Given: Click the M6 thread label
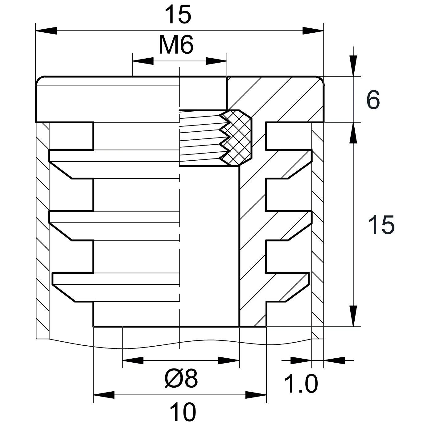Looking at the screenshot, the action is [176, 45].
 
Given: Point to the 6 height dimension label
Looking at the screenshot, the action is [373, 100].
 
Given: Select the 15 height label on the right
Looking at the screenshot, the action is [381, 225].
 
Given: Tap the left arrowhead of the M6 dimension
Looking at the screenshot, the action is [142, 61].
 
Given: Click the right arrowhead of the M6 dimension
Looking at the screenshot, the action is [216, 61].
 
